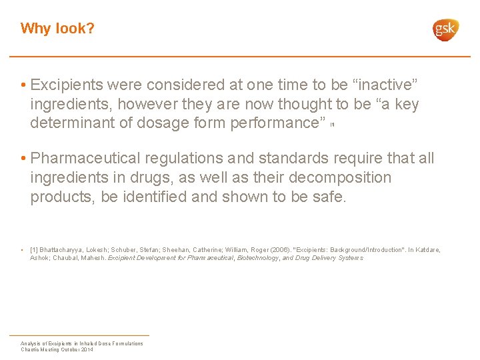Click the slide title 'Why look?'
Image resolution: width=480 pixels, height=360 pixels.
57,28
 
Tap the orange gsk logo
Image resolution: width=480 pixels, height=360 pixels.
446,29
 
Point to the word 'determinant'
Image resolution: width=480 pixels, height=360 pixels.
75,123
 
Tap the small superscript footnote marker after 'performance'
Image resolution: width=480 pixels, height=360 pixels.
331,125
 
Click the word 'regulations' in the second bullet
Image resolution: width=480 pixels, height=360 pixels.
185,158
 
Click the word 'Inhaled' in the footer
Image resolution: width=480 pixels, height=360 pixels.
87,343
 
